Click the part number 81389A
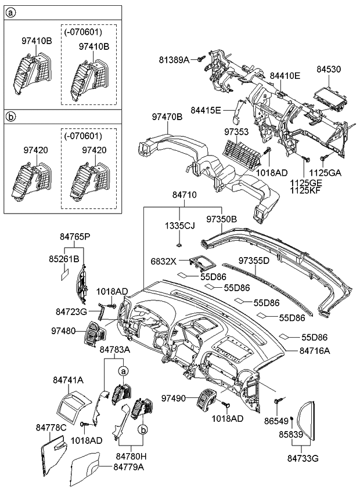coord(175,59)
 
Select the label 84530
coord(328,69)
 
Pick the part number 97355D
coord(254,261)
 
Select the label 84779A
coord(129,466)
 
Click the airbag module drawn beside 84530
coord(329,93)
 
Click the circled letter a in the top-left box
coord(10,12)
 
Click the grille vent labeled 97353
coord(243,153)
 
